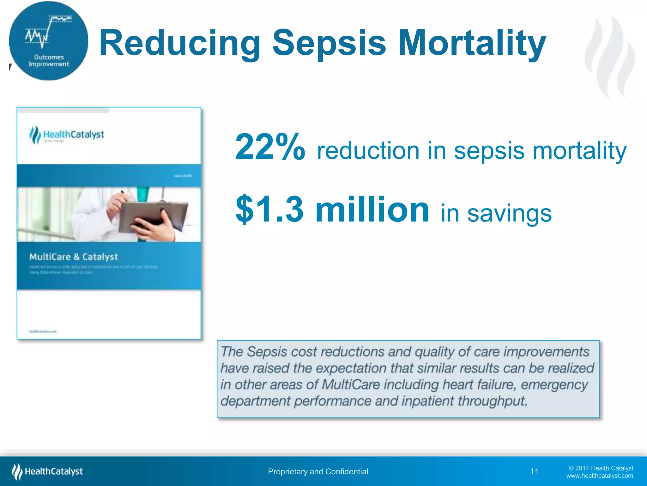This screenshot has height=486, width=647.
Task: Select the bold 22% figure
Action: [270, 147]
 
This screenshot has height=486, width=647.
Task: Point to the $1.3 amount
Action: [269, 209]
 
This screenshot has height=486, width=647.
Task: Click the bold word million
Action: [372, 209]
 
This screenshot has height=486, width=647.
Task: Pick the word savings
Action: [509, 214]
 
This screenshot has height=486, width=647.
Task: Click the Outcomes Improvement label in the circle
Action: [49, 61]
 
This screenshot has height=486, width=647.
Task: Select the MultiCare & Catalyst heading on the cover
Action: [73, 257]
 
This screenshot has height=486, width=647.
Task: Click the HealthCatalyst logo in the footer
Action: [47, 471]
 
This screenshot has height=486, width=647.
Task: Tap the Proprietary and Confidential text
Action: [318, 471]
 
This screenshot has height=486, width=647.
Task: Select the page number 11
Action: [534, 471]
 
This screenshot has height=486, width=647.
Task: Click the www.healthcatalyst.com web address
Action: [599, 476]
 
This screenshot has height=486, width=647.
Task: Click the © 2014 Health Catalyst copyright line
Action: [601, 468]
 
